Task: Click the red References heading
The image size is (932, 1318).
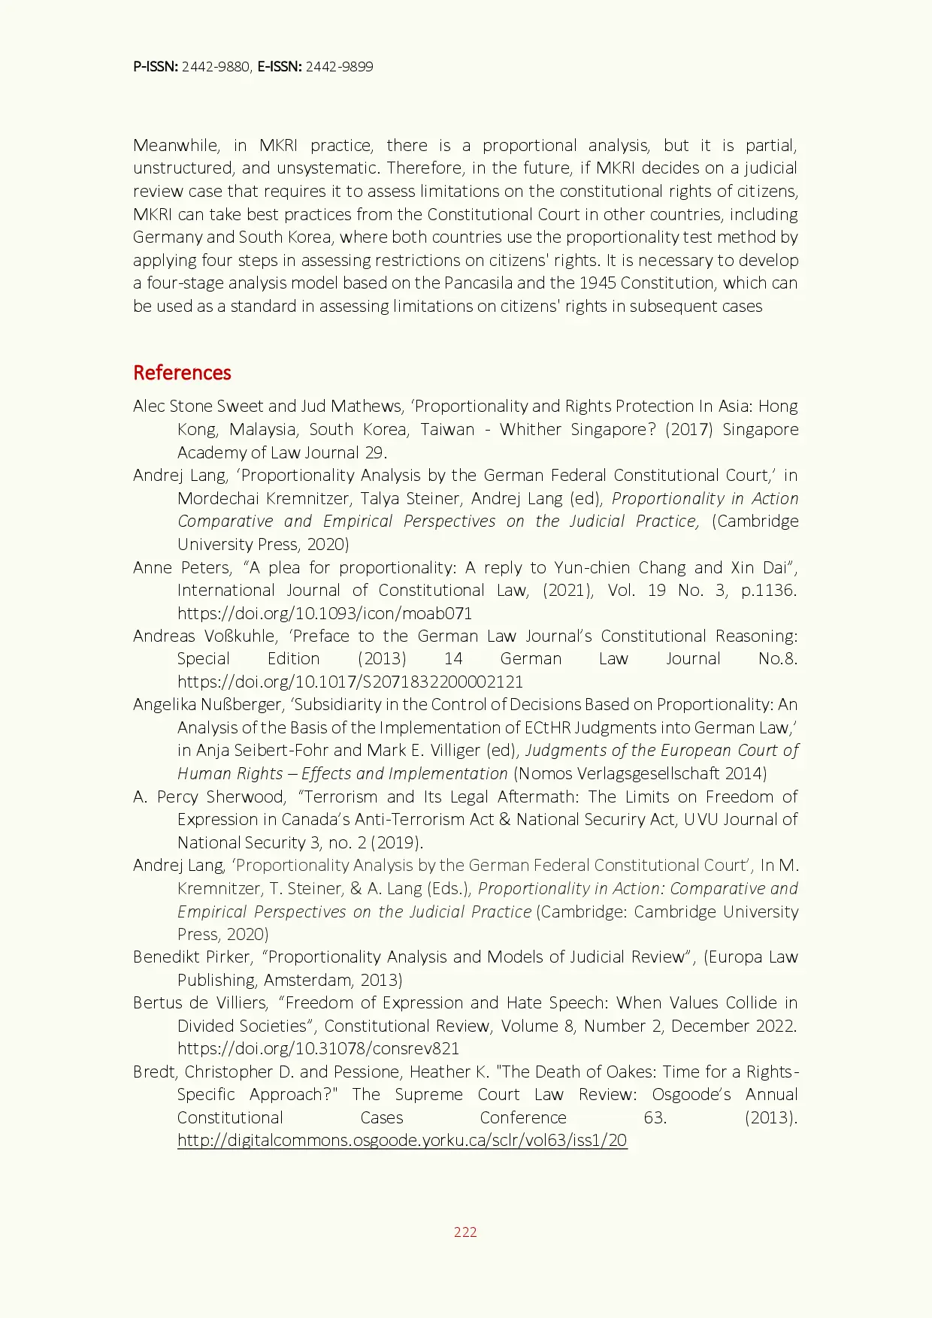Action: click(x=182, y=373)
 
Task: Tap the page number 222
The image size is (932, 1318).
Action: click(x=465, y=1232)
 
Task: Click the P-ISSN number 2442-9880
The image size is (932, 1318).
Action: click(x=216, y=67)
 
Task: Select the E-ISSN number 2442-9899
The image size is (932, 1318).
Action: click(x=339, y=67)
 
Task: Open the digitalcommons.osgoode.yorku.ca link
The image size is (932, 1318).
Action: click(x=402, y=1140)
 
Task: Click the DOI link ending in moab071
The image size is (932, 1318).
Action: click(x=325, y=613)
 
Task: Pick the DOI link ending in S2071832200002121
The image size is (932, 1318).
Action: click(x=350, y=682)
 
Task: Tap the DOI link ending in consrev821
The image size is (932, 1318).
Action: click(x=318, y=1048)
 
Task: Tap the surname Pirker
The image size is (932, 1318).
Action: click(x=228, y=957)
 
